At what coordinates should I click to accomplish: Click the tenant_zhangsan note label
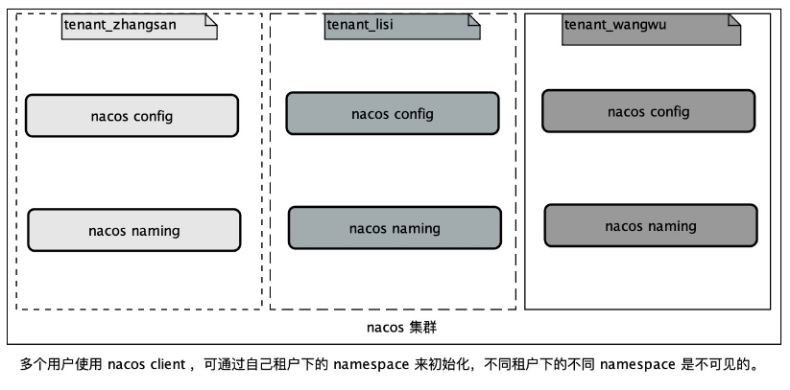[120, 27]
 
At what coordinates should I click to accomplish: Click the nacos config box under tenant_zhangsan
[132, 116]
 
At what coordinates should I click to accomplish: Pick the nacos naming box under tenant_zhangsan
[133, 231]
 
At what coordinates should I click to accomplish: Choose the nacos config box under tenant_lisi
[393, 114]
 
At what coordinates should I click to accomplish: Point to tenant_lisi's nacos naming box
[395, 228]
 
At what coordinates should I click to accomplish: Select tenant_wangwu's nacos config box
[649, 111]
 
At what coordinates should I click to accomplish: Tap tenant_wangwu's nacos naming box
[651, 226]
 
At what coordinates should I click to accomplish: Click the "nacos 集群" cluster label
[403, 327]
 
